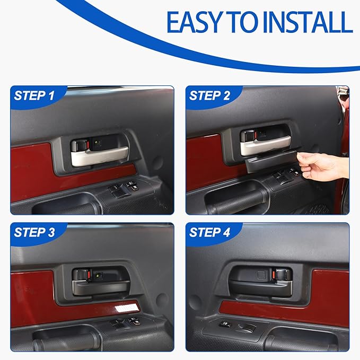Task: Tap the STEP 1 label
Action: pyautogui.click(x=34, y=96)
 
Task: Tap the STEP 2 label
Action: pyautogui.click(x=209, y=96)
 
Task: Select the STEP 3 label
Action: pyautogui.click(x=34, y=232)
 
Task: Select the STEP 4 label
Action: pyautogui.click(x=209, y=232)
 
